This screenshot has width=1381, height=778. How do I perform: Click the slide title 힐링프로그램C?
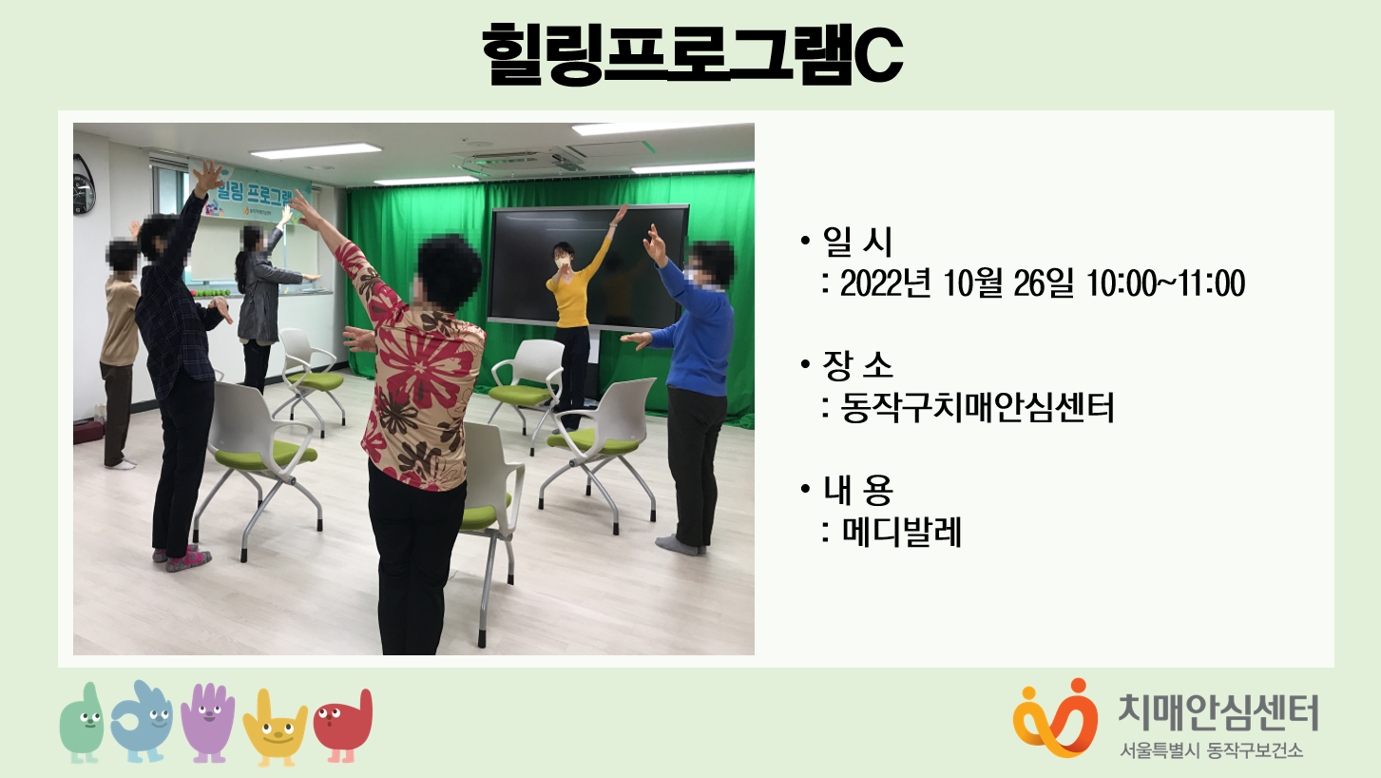pyautogui.click(x=692, y=53)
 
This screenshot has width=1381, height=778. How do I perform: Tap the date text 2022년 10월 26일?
pyautogui.click(x=955, y=283)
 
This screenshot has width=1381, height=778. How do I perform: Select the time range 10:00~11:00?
pyautogui.click(x=1165, y=283)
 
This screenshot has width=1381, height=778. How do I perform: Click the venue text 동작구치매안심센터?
pyautogui.click(x=977, y=408)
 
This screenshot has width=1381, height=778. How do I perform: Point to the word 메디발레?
pyautogui.click(x=901, y=532)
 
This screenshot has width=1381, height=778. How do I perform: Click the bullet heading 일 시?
pyautogui.click(x=857, y=242)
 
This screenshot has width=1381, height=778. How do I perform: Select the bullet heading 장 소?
pyautogui.click(x=857, y=364)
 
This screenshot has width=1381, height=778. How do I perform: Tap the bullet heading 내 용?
pyautogui.click(x=857, y=489)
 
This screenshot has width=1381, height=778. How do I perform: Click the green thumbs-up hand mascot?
pyautogui.click(x=83, y=723)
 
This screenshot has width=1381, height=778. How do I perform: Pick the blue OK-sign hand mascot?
pyautogui.click(x=142, y=722)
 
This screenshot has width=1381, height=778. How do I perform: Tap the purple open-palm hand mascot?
pyautogui.click(x=208, y=722)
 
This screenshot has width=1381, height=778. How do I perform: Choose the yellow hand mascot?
pyautogui.click(x=275, y=728)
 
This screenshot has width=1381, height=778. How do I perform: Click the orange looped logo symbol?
pyautogui.click(x=1056, y=718)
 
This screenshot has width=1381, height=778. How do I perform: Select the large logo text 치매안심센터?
pyautogui.click(x=1218, y=712)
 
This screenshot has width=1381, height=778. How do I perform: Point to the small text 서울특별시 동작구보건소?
pyautogui.click(x=1212, y=750)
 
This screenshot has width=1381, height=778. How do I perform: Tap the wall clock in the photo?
pyautogui.click(x=84, y=184)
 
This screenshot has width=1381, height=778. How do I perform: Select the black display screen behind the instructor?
pyautogui.click(x=587, y=265)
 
